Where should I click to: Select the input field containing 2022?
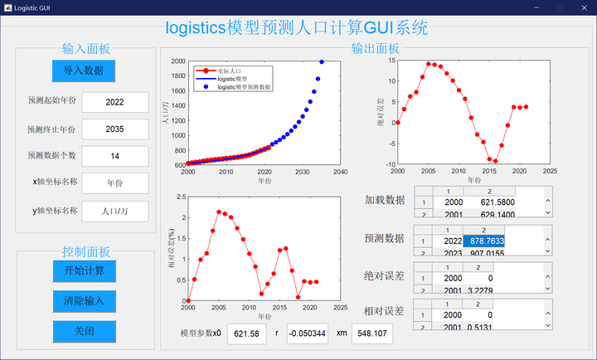pos(114,102)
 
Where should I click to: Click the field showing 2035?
pos(114,129)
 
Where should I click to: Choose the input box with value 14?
pos(114,156)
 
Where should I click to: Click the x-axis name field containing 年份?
pos(114,183)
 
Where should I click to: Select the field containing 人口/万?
pos(114,211)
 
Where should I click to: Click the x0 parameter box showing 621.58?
pos(246,333)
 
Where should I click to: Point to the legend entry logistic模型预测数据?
pos(245,86)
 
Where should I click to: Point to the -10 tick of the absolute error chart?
pos(387,164)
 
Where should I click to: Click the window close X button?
pos(583,7)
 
